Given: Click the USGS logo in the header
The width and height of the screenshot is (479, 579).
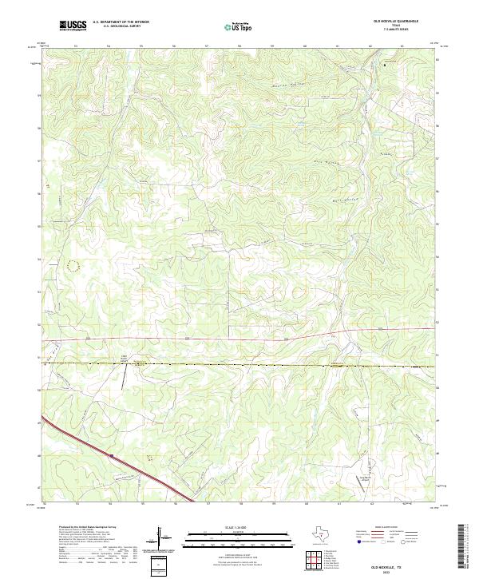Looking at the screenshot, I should click(73, 26).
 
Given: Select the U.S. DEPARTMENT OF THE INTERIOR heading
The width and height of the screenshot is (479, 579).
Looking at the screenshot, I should click(121, 23).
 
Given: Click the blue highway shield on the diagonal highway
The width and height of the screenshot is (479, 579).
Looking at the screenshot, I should click(112, 457).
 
